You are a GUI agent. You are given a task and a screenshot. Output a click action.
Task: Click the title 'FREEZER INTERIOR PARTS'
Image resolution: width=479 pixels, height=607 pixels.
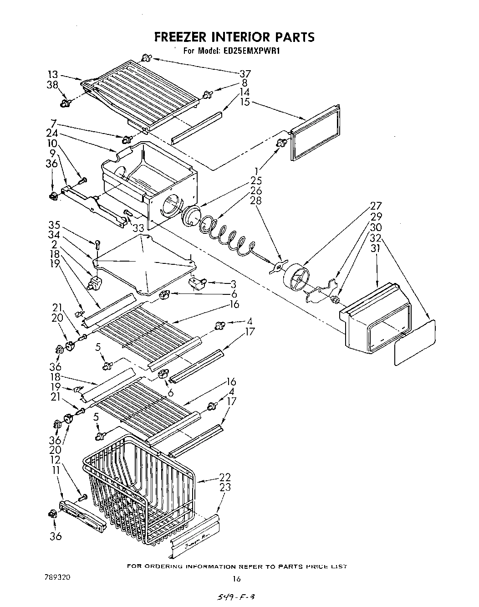(x=234, y=36)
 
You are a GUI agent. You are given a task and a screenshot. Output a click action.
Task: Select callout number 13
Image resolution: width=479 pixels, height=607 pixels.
(x=53, y=74)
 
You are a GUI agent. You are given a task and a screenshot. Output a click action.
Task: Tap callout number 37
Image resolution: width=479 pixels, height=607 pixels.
(x=245, y=74)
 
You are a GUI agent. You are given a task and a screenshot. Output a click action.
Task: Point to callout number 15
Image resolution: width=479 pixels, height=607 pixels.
(x=245, y=102)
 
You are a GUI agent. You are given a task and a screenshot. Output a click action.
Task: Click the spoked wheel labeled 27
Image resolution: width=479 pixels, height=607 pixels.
(x=296, y=278)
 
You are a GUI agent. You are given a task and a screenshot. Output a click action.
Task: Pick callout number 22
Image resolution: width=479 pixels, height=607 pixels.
(x=225, y=477)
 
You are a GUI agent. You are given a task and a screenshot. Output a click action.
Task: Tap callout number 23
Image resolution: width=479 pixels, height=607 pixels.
(x=225, y=488)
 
